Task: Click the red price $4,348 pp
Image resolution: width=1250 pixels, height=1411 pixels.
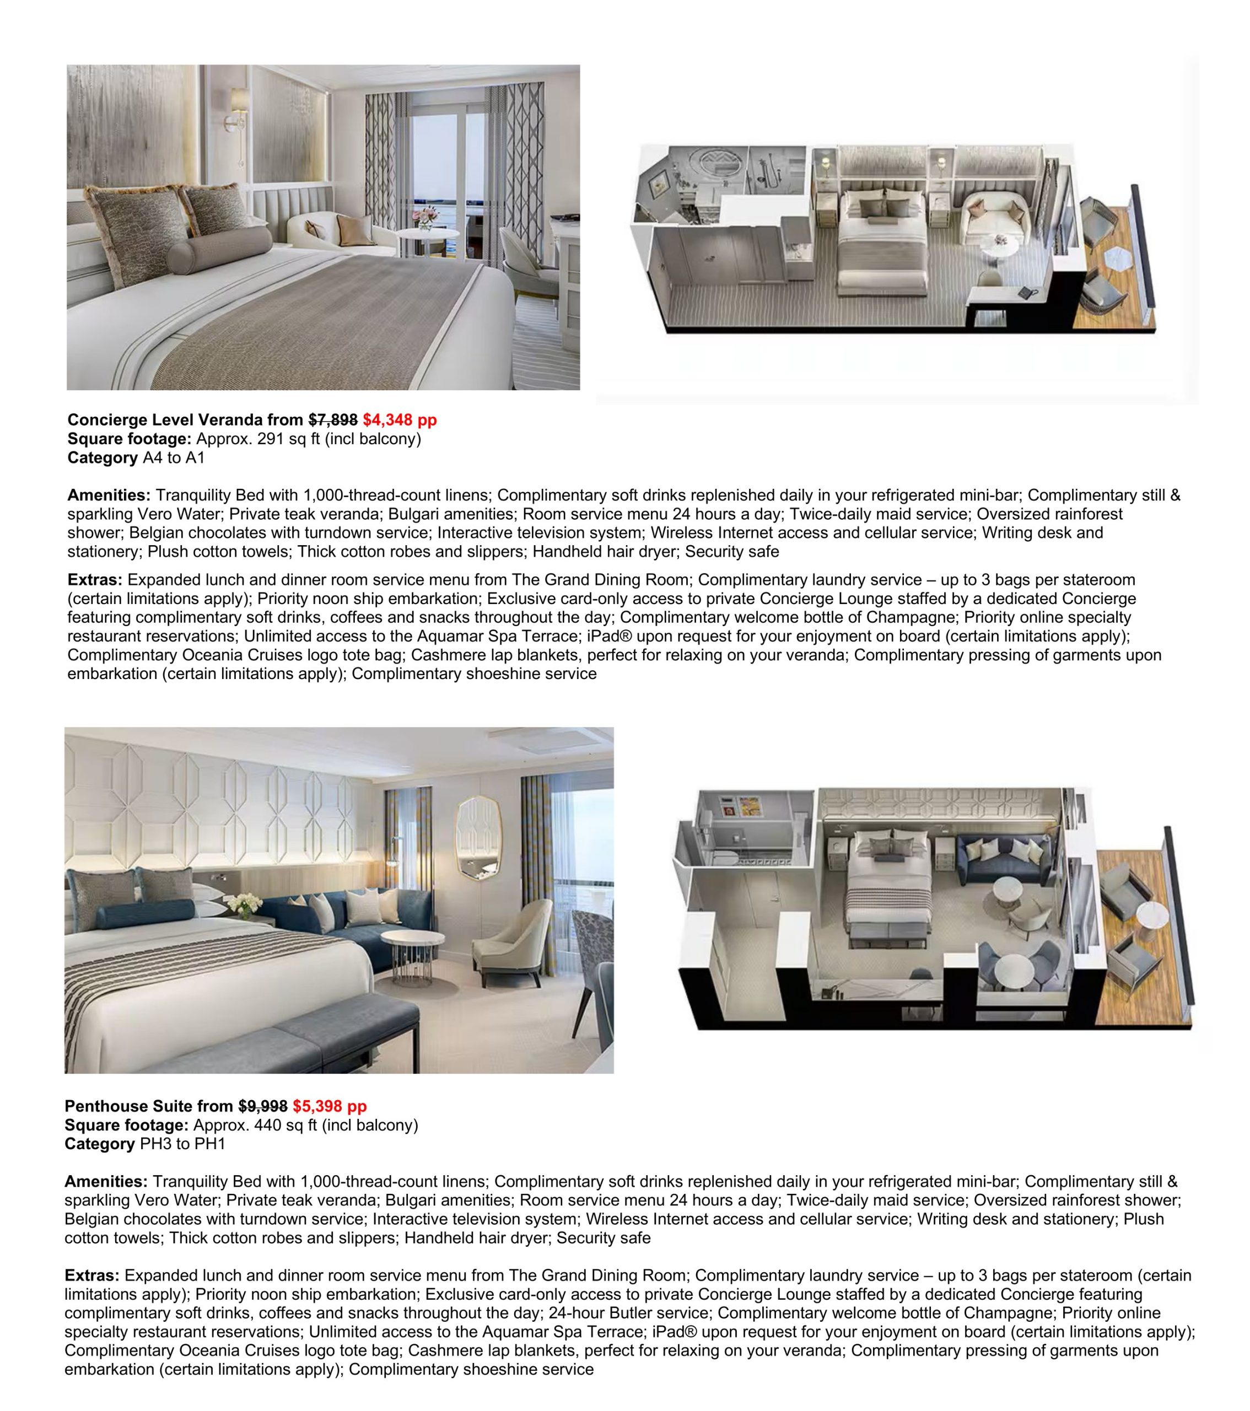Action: pos(400,419)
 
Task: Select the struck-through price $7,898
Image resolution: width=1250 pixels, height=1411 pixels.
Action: pos(333,419)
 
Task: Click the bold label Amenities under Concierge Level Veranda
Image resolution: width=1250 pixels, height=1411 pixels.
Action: pos(109,495)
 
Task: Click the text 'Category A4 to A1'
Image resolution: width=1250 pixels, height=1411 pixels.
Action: pos(136,457)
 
